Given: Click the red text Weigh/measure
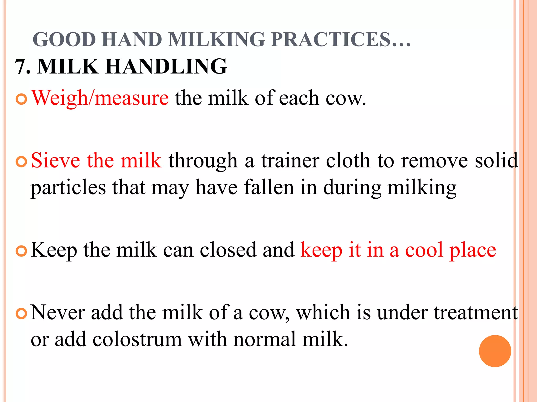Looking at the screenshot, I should (100, 98).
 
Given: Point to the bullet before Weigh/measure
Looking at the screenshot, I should (22, 99).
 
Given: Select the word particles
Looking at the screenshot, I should (68, 188).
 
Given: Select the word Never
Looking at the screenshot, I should (58, 312).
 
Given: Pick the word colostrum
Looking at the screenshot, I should (137, 339).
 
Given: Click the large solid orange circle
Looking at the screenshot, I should (495, 351).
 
